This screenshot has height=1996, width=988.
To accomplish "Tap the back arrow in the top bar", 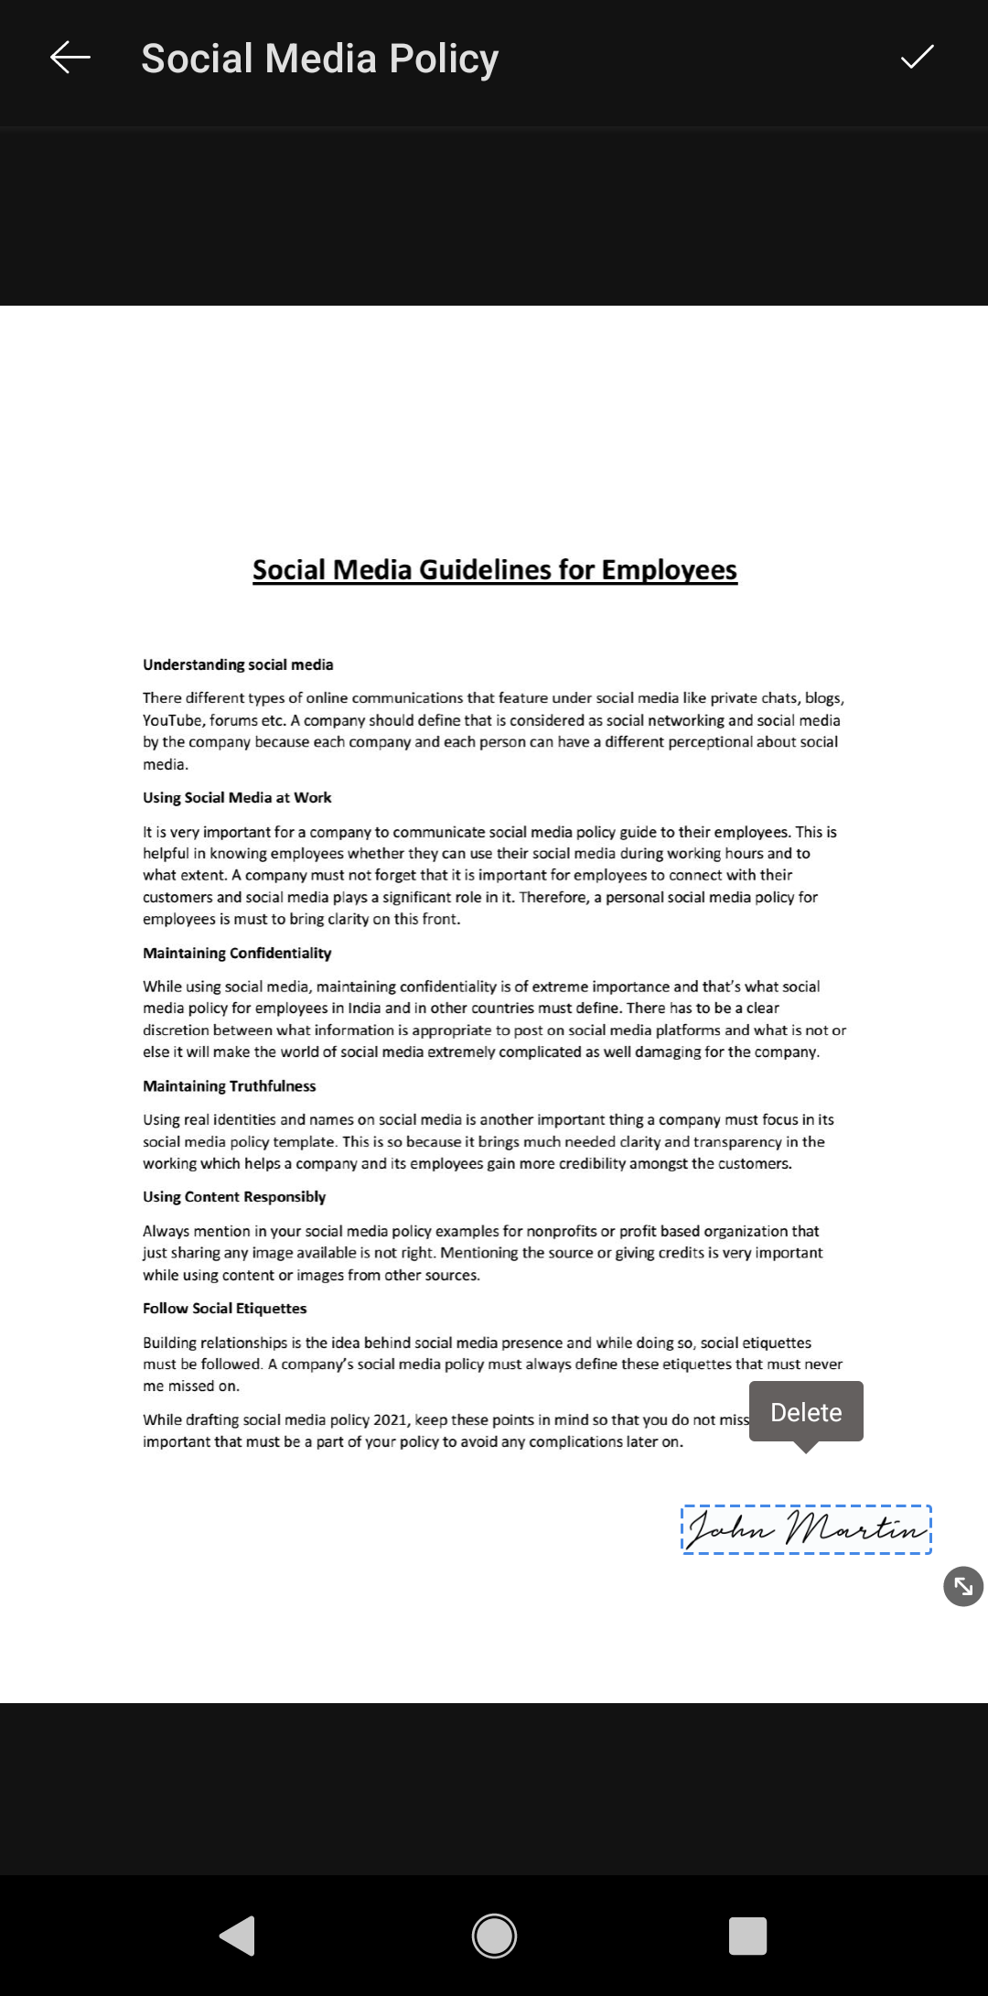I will click(x=70, y=58).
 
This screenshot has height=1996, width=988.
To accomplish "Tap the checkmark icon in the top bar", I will click(x=917, y=58).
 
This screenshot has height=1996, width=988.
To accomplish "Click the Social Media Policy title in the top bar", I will click(x=319, y=59).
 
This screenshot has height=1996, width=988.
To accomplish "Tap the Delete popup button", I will click(x=806, y=1412).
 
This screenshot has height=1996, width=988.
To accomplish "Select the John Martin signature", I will click(x=806, y=1529).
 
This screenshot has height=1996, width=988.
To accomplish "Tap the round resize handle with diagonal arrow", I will click(x=963, y=1586).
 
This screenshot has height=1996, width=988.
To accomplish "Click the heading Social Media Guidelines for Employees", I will click(x=494, y=570).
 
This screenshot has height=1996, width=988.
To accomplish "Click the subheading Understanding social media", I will click(x=238, y=664).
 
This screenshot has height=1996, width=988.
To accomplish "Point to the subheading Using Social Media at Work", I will click(x=237, y=797).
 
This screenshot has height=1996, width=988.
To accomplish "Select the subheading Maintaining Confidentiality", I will click(x=237, y=953).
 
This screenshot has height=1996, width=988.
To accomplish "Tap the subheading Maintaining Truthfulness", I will click(x=229, y=1086).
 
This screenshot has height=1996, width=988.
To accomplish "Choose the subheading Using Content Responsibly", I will click(x=234, y=1197).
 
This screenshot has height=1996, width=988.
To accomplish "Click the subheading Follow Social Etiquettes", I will click(x=224, y=1309).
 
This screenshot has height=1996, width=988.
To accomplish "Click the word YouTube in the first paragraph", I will click(x=172, y=720).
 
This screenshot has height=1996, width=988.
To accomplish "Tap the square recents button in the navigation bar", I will click(x=747, y=1936).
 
